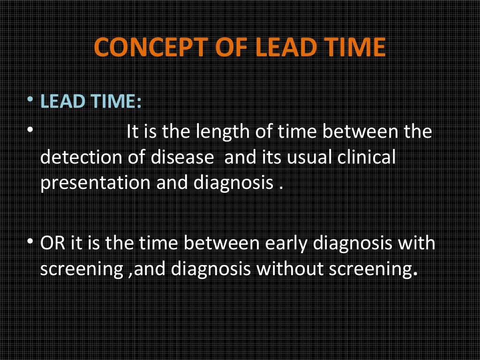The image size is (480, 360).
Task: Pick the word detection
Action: tap(82, 157)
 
